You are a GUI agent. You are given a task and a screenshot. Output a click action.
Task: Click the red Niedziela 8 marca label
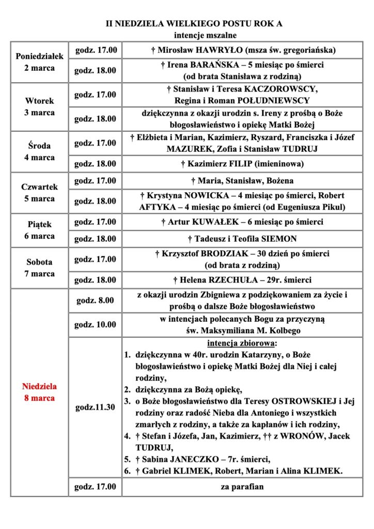[39, 392]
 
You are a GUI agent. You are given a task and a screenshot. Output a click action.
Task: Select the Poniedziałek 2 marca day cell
[39, 61]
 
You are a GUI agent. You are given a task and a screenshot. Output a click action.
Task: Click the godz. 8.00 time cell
[95, 300]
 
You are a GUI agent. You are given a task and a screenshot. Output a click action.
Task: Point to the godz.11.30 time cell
[95, 407]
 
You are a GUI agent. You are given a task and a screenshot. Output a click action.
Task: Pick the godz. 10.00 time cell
[95, 325]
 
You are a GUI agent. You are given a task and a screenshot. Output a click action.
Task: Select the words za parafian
[242, 486]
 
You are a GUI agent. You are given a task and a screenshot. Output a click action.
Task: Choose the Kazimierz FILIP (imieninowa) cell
[242, 164]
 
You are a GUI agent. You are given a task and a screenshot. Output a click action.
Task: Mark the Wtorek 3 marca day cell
[39, 107]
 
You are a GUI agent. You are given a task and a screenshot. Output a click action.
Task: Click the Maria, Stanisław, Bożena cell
[242, 181]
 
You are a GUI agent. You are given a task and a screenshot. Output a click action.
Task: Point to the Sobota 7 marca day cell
[39, 268]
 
